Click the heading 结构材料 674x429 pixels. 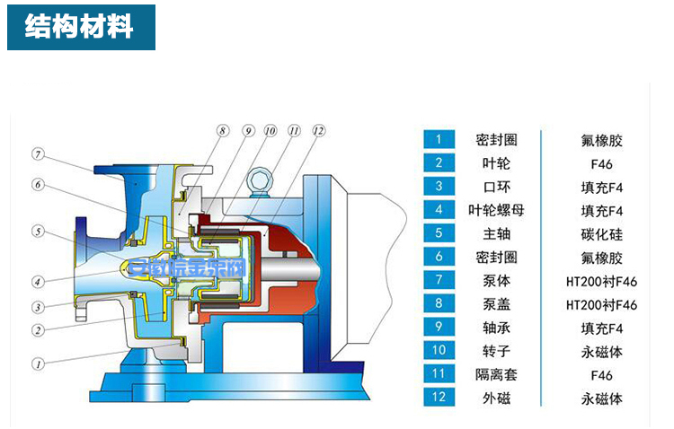coord(79,27)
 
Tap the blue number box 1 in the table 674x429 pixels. coord(439,139)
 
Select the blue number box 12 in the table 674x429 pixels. coord(439,398)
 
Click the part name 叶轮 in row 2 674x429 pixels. coord(496,163)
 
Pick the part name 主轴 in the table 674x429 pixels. coord(496,233)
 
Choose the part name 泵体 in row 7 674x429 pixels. coord(496,280)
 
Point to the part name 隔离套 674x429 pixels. coord(496,374)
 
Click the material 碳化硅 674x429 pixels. coord(601,233)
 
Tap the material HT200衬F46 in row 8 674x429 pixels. coord(601,304)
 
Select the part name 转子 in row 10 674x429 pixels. coord(496,351)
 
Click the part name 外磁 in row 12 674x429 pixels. coord(496,398)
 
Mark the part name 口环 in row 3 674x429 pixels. coord(496,187)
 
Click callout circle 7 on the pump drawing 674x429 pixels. coord(38,153)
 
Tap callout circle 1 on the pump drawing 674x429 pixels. coord(38,364)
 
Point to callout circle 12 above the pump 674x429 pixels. coord(317,131)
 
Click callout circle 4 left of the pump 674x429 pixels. coord(38,279)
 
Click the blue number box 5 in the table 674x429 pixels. coord(439,233)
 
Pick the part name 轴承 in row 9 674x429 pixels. coord(496,328)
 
